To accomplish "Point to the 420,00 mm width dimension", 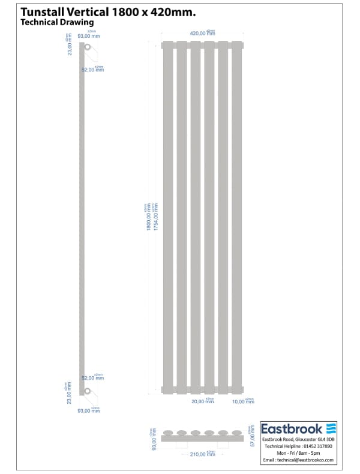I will (x=202, y=34).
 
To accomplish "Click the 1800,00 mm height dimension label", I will (x=149, y=218).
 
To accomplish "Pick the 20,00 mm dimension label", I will (x=202, y=401).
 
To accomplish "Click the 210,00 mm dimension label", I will (x=202, y=454).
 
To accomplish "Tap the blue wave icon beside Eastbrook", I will (x=331, y=428).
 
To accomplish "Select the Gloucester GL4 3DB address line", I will (x=298, y=440).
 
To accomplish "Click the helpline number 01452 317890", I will (x=316, y=447).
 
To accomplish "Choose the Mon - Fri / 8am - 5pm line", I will (x=298, y=454).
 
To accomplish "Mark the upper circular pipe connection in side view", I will (x=88, y=47).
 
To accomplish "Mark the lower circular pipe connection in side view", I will (x=88, y=391).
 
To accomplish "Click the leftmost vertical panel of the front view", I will (x=167, y=217).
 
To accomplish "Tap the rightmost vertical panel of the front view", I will (x=237, y=217).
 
